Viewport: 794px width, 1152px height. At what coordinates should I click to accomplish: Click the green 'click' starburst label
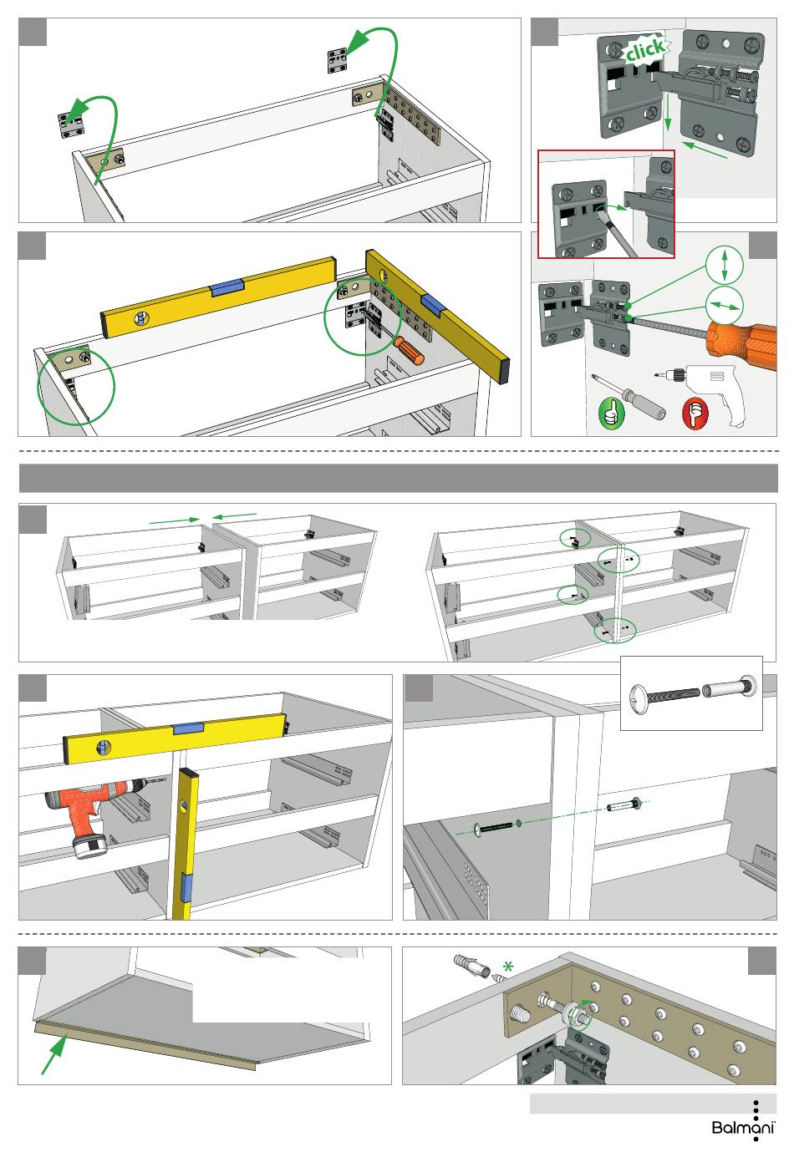tap(646, 49)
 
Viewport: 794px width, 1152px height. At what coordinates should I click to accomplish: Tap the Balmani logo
tap(743, 1127)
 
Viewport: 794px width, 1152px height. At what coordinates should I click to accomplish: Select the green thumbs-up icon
tap(611, 413)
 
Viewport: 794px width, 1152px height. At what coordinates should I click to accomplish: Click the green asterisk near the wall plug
tap(508, 967)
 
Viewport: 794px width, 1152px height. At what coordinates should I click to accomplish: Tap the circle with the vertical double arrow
tap(724, 265)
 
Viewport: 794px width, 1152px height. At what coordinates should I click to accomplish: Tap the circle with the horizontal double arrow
tap(724, 306)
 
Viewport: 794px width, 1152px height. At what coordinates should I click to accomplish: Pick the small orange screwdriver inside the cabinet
tap(409, 350)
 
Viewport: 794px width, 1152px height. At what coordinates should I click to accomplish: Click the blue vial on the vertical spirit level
tap(186, 886)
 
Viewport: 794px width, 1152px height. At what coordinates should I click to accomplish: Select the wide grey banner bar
tap(398, 478)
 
